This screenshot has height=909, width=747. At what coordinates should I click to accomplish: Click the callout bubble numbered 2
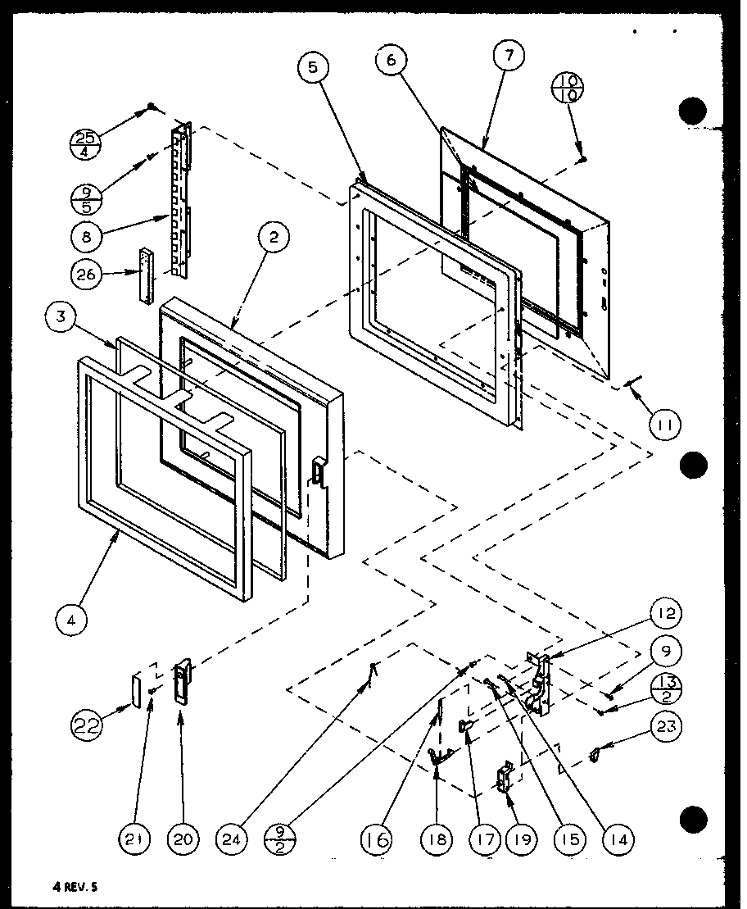click(273, 239)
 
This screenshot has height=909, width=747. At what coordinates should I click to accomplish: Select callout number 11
click(665, 424)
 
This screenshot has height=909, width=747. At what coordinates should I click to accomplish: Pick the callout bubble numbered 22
click(88, 726)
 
